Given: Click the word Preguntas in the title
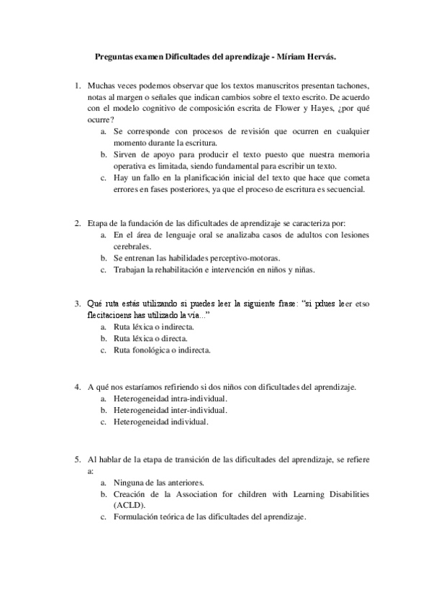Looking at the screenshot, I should pos(115,55).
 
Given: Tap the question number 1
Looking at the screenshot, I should pos(77,86).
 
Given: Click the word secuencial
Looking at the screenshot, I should pos(344,189).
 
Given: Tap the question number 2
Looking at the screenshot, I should pos(77,224).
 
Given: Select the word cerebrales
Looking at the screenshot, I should pos(135,245).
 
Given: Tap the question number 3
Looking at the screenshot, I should pos(77,304).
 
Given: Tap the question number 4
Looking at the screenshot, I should pos(77,386).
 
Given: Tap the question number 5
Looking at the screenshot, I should pos(77,458).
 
